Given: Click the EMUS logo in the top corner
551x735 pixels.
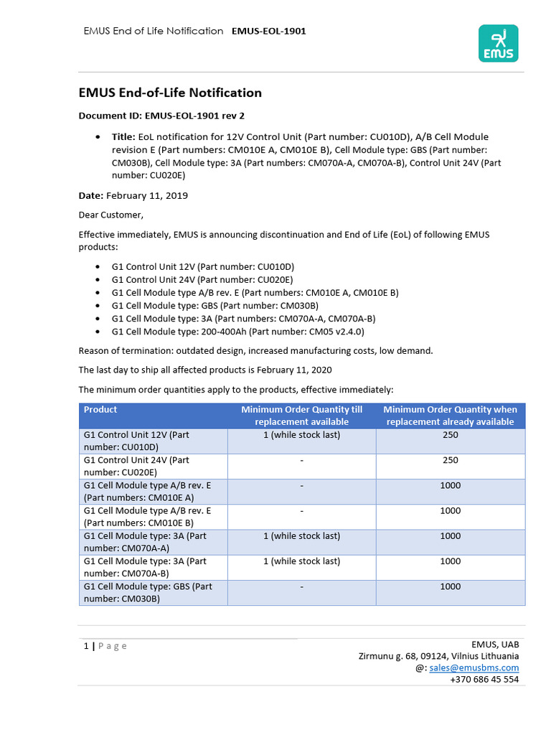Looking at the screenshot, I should (498, 43).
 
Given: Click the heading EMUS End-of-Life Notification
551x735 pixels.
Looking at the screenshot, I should (169, 93).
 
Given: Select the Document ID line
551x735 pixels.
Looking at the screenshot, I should (166, 115).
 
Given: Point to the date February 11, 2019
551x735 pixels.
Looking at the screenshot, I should (147, 195).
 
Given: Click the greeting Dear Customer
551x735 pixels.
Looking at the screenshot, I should (110, 214).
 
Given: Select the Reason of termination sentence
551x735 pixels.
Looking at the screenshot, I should (255, 350).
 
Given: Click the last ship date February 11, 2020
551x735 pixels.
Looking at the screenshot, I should (291, 370).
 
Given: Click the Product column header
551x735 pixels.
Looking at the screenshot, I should (100, 410).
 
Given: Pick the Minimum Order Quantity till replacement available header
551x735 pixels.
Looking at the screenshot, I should (301, 416).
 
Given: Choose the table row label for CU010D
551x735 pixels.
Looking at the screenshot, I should (136, 441).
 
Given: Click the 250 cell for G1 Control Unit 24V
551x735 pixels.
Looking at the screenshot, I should (451, 460).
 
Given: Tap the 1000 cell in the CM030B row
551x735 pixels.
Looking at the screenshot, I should (451, 586).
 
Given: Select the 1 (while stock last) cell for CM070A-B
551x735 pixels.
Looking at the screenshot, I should (301, 561).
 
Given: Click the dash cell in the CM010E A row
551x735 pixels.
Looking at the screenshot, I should (301, 486).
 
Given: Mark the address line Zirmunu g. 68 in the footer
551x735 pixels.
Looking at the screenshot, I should (438, 656).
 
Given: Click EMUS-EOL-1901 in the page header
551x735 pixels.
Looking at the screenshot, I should (269, 31).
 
